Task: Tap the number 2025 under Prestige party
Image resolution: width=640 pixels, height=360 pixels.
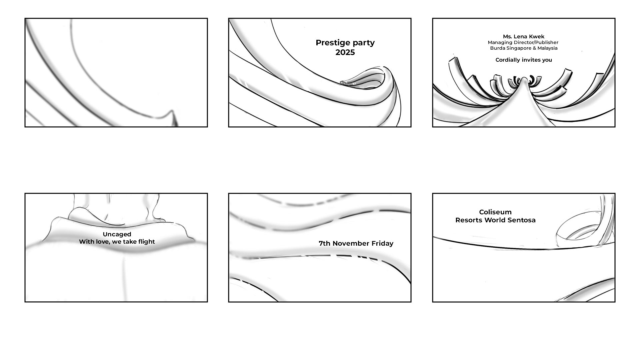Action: (345, 52)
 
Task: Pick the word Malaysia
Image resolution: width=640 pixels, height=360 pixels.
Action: (547, 48)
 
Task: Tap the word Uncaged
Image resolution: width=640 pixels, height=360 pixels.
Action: (117, 234)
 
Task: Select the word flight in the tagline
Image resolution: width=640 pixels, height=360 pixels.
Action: (146, 242)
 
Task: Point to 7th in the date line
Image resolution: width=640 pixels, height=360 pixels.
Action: (324, 244)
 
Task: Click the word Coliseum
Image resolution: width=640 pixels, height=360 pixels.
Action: (495, 212)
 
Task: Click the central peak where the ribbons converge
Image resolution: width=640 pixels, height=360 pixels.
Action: (524, 79)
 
